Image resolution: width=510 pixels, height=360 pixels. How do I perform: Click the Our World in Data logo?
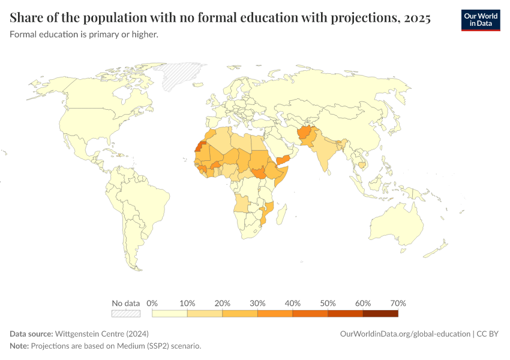pos(481,20)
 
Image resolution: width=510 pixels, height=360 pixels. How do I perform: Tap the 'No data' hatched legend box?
pos(126,313)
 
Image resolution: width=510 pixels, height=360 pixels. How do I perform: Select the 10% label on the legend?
pos(187,303)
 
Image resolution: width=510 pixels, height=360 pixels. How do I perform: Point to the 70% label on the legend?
pos(398,303)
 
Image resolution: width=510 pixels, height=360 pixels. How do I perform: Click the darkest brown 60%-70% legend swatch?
pos(380,313)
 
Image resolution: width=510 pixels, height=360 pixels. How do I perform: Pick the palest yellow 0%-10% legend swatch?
pos(170,313)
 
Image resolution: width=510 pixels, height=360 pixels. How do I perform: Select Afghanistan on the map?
pos(304,133)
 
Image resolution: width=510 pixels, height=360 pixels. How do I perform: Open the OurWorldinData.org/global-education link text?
pos(404,334)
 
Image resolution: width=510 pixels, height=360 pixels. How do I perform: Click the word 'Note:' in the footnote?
pos(19,346)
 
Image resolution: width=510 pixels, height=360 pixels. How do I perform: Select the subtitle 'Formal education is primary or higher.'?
pos(84,35)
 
